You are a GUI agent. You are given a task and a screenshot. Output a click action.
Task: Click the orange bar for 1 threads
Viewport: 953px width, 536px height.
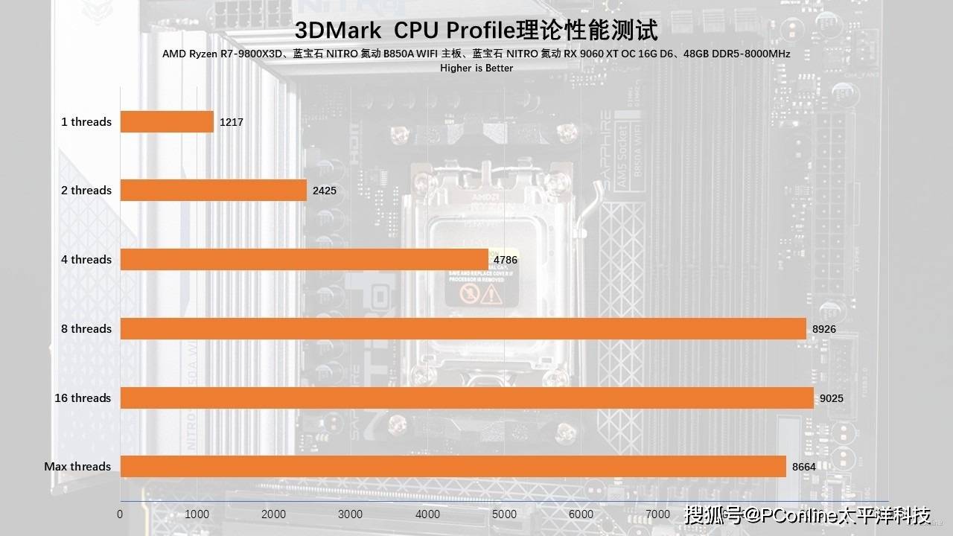point(167,121)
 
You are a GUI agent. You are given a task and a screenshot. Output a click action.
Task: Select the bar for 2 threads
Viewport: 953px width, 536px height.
point(214,190)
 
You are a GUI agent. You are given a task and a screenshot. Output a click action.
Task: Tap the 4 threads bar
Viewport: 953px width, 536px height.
point(304,259)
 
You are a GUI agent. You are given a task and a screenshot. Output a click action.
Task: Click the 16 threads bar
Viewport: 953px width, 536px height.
point(467,398)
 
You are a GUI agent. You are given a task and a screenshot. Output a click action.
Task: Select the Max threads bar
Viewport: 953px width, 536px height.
point(453,466)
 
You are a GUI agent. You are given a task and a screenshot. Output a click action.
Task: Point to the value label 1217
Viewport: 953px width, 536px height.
point(232,121)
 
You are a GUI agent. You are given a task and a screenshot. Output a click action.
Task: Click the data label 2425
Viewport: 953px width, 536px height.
point(325,190)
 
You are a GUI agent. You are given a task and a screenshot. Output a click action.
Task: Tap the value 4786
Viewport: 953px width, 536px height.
point(506,260)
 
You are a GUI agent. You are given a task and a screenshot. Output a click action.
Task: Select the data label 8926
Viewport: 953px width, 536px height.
point(824,328)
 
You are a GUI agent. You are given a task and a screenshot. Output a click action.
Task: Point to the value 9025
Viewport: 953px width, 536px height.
point(832,398)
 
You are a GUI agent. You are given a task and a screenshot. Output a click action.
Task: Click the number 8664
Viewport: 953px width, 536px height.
point(804,466)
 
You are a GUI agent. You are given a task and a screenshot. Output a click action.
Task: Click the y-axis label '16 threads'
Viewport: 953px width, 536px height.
point(83,398)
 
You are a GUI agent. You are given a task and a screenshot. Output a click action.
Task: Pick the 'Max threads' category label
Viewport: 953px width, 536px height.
point(77,466)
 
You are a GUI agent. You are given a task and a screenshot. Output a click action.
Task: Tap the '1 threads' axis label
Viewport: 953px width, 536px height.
point(86,121)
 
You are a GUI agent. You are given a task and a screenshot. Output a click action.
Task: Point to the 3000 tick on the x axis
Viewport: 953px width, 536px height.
point(351,514)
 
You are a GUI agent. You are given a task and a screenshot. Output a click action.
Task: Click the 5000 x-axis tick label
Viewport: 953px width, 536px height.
point(504,514)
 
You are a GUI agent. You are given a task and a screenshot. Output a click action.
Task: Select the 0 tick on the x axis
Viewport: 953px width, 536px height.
point(120,514)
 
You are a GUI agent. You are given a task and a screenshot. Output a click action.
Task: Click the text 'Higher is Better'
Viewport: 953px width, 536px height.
point(476,68)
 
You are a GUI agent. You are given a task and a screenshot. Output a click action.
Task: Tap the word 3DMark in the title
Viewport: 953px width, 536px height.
point(338,31)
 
